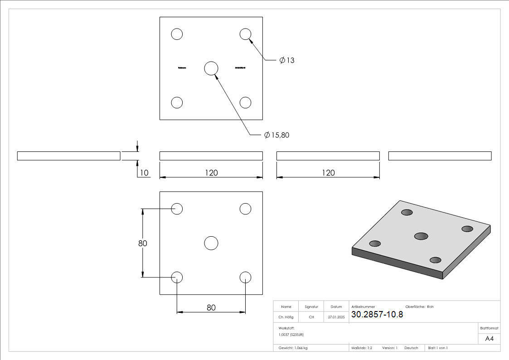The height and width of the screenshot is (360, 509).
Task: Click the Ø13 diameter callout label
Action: [x=287, y=60]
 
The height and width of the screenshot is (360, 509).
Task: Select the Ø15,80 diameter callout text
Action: [x=276, y=135]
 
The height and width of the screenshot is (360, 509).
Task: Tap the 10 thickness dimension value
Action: [x=144, y=173]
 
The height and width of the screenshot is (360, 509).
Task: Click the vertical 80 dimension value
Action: [x=143, y=243]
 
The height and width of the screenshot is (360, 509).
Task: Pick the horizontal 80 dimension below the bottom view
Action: [x=211, y=307]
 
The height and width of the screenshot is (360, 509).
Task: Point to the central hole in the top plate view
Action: [x=211, y=68]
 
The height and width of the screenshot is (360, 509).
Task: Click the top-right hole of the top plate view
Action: [x=245, y=34]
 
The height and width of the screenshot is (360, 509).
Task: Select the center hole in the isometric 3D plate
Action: [x=421, y=236]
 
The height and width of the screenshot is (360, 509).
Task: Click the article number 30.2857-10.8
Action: [x=377, y=314]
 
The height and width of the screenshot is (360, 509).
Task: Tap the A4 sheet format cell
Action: [x=490, y=339]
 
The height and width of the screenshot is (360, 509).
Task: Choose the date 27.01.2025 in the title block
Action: [x=336, y=317]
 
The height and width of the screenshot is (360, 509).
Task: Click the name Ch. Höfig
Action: [x=286, y=317]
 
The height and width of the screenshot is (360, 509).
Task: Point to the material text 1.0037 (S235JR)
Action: [x=291, y=334]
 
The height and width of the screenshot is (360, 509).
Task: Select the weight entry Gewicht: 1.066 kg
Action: [x=293, y=348]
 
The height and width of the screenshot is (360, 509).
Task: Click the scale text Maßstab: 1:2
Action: [x=362, y=348]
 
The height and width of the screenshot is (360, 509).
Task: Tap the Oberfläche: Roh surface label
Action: [x=419, y=307]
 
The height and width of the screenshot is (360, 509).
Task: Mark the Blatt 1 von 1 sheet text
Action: [x=438, y=348]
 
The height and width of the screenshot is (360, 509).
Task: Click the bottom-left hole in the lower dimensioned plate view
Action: [x=177, y=277]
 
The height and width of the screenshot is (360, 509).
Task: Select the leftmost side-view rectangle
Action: [x=68, y=156]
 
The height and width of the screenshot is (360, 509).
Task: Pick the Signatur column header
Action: [x=311, y=307]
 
